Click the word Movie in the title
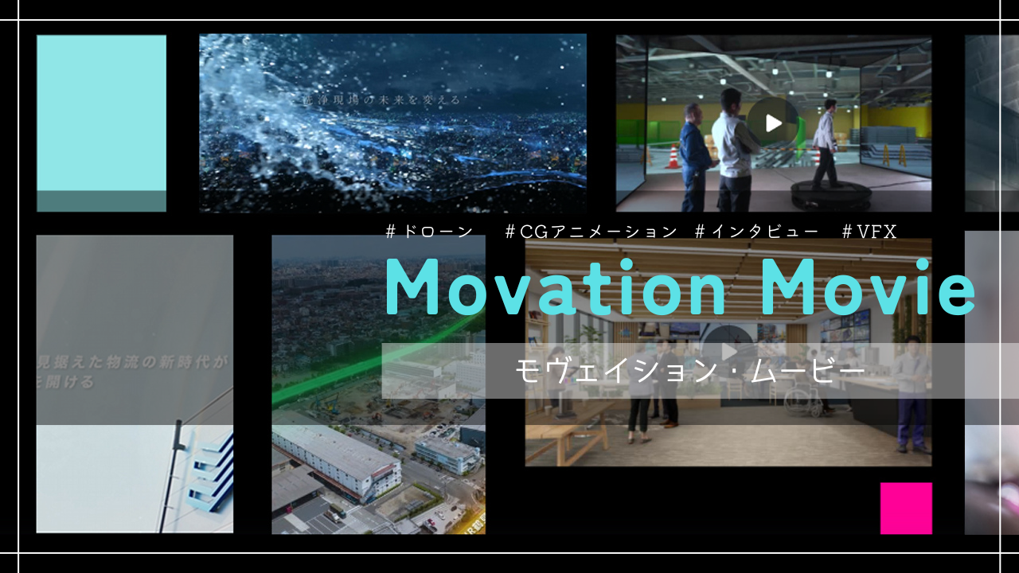[x=869, y=288]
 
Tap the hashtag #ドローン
[x=429, y=232]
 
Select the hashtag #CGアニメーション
[x=591, y=232]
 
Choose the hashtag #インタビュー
[x=756, y=232]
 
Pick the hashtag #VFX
[x=869, y=232]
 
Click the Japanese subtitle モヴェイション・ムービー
[x=689, y=371]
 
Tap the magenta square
[x=906, y=508]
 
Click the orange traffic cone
[x=673, y=156]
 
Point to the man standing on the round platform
[x=826, y=143]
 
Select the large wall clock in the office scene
[x=726, y=342]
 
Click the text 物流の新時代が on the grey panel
[x=159, y=363]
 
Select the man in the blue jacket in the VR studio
[x=694, y=147]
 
